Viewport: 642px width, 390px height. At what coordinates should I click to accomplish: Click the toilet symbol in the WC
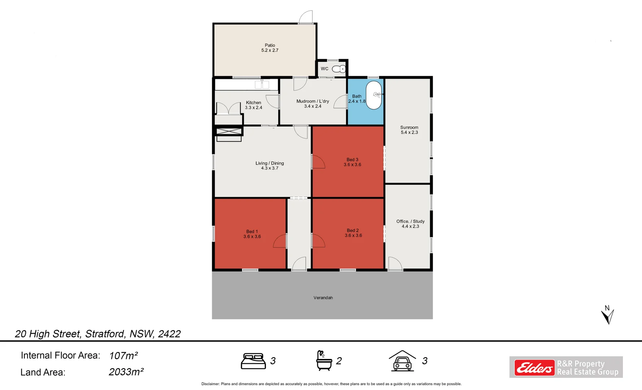(x=339, y=69)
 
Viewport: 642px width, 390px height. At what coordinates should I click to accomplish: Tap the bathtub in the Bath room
(x=374, y=95)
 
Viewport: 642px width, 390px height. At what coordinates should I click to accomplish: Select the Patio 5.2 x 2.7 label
(x=270, y=48)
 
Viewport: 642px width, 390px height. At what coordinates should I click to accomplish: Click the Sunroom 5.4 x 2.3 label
(x=409, y=130)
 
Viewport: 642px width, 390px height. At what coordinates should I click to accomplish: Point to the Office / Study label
(x=410, y=224)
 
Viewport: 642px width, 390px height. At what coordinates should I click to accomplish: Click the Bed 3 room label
(x=352, y=162)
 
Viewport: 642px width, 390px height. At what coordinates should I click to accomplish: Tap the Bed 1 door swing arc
(x=279, y=241)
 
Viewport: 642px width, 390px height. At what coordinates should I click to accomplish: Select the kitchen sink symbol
(x=262, y=84)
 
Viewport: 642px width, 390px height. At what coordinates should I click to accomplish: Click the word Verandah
(x=323, y=298)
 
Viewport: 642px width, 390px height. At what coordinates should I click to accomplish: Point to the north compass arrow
(x=607, y=315)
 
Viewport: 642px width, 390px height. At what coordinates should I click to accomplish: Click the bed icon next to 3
(x=253, y=361)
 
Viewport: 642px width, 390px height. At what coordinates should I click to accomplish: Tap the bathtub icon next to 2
(x=324, y=360)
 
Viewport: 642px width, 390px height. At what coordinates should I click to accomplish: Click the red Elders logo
(x=534, y=368)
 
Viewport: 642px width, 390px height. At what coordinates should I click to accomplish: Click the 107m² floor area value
(x=123, y=356)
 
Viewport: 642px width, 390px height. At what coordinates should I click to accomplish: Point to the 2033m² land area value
(x=126, y=372)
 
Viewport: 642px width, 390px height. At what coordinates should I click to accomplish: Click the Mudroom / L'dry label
(x=313, y=104)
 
